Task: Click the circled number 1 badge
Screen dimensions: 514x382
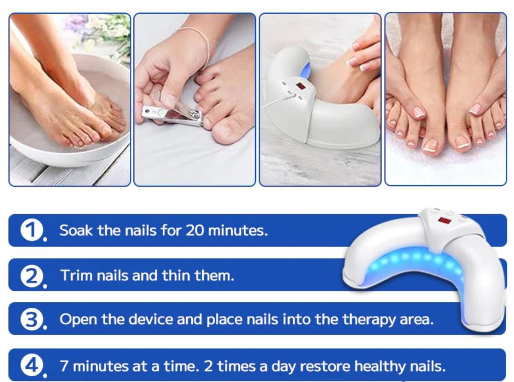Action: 32,230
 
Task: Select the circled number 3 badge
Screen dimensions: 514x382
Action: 32,319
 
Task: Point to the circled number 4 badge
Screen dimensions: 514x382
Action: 32,365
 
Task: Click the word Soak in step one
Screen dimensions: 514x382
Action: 76,230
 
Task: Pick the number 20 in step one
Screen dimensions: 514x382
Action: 195,230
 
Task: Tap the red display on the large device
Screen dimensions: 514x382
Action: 445,220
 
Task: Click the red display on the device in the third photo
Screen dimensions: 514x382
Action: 301,87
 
